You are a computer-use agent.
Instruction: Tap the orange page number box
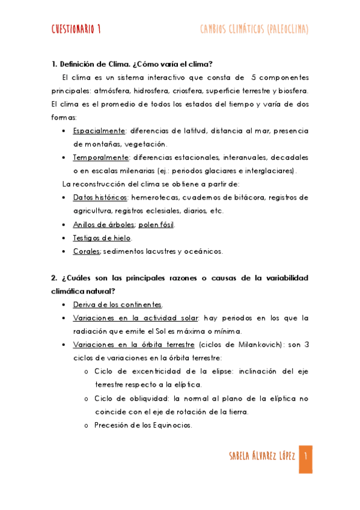[x=305, y=459]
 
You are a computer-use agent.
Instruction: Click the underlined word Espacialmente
[x=99, y=131]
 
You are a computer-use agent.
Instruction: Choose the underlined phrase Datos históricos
[x=100, y=197]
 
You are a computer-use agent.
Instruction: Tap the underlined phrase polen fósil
[x=157, y=224]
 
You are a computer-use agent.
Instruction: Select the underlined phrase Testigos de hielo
[x=102, y=238]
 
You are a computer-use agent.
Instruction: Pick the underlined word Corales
[x=87, y=251]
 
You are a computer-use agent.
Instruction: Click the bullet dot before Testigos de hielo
[x=64, y=238]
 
